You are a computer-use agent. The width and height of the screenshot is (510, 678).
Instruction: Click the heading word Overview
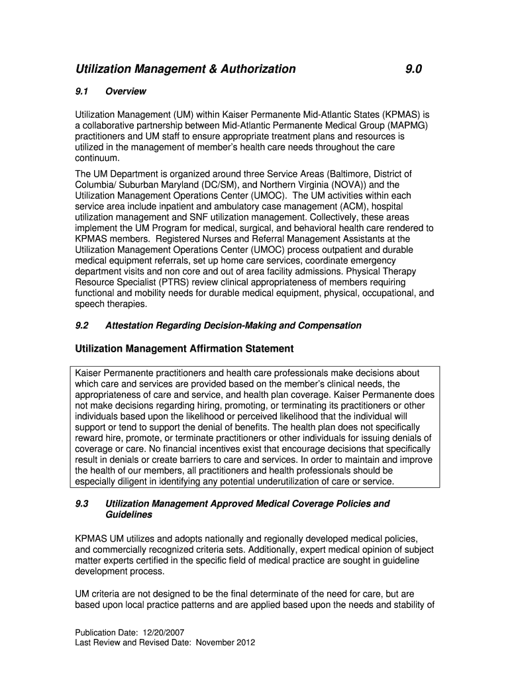point(126,91)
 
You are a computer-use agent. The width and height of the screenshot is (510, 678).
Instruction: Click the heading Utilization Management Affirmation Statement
point(184,348)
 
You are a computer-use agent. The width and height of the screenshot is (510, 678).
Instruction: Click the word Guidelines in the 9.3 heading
point(128,514)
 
